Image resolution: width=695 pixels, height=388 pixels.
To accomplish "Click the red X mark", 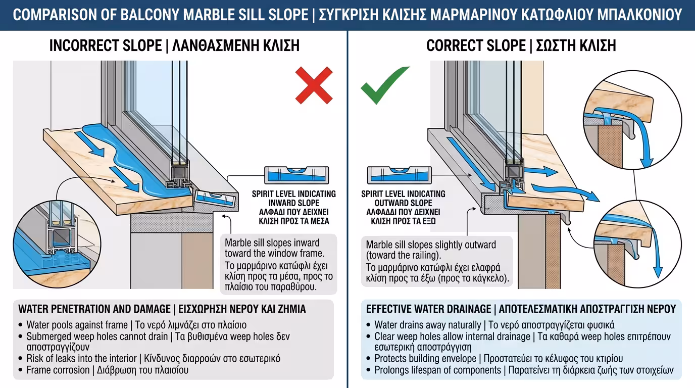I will click(314, 85).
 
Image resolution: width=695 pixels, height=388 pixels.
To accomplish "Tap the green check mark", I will click(383, 84).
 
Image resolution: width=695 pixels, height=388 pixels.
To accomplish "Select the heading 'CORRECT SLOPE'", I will click(475, 45).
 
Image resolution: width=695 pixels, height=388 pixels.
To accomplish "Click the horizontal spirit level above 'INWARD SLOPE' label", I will click(296, 175).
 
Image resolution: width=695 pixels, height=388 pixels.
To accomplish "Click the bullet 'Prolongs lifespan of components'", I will click(437, 370).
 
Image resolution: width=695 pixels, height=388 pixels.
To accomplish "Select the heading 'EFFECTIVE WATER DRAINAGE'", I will click(428, 309).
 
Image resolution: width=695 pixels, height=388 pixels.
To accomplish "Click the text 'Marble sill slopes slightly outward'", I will click(431, 245).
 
